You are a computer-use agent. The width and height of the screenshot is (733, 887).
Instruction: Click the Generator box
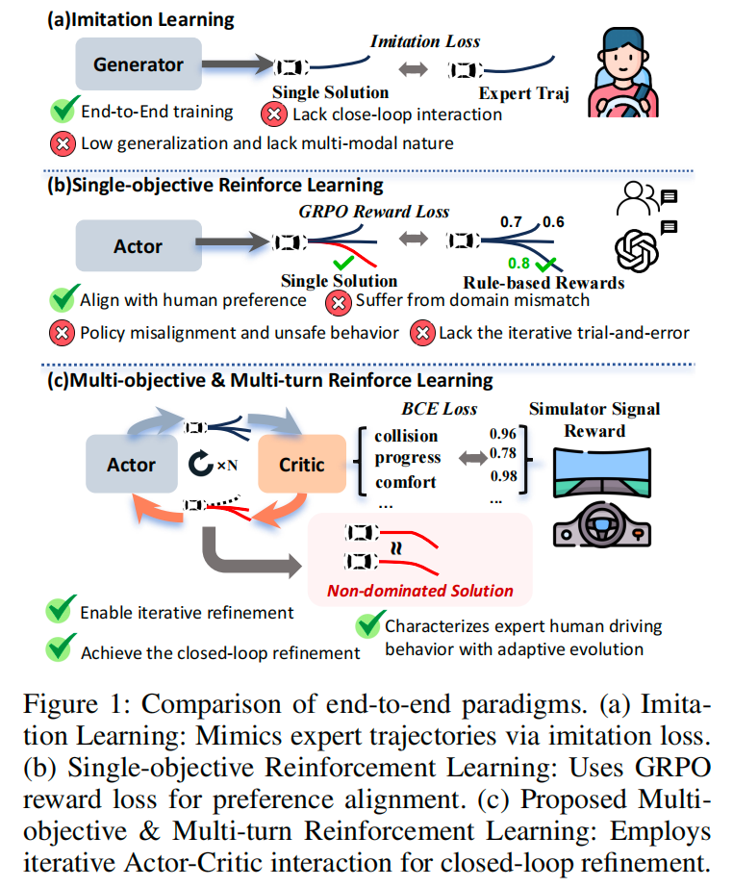click(x=139, y=65)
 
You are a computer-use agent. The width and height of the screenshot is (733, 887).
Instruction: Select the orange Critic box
click(x=301, y=465)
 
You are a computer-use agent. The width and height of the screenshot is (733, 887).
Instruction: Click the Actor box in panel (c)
click(x=131, y=465)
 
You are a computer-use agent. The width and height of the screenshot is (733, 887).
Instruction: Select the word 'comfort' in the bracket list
click(x=406, y=482)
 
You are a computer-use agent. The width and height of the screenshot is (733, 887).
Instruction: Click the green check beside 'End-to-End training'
click(x=63, y=111)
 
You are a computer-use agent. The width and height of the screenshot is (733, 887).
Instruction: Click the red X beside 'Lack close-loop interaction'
click(x=273, y=114)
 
